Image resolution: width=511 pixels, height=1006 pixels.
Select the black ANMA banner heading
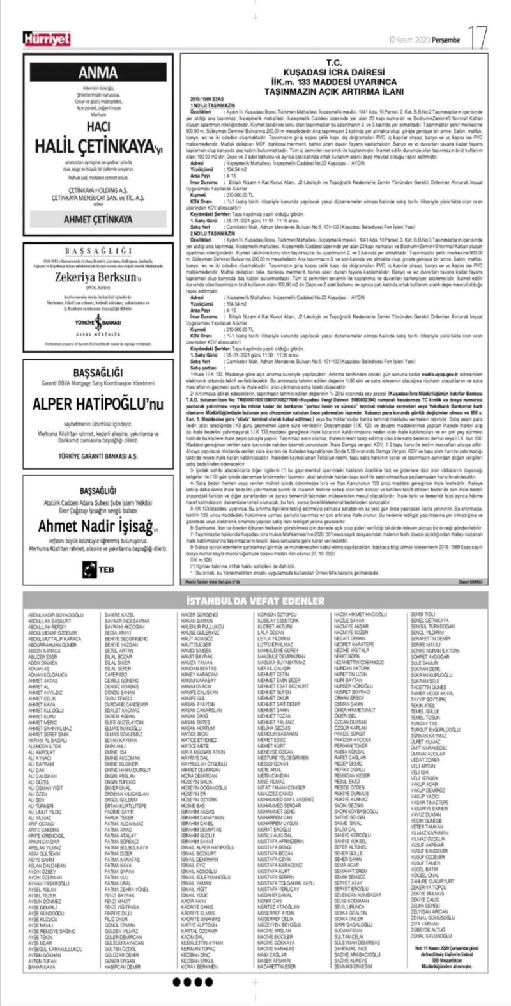98,72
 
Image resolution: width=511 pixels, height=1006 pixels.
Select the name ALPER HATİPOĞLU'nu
98,403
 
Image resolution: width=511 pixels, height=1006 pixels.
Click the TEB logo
98,569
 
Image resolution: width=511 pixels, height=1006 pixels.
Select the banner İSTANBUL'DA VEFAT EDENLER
255,601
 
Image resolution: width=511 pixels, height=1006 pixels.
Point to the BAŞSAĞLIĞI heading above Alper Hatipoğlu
98,371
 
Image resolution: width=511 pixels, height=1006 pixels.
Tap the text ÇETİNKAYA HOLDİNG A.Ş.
98,197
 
